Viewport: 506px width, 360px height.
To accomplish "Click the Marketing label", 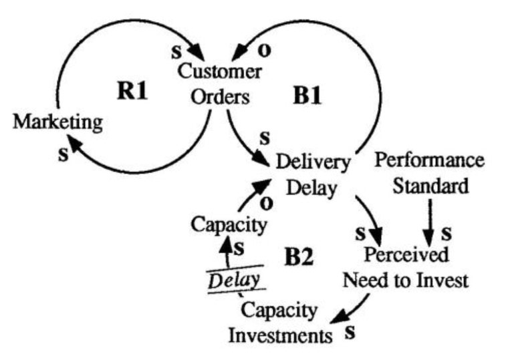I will click(58, 122).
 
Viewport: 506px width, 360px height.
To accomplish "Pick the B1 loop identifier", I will click(307, 95).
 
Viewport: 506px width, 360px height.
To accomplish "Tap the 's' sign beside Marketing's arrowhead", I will click(64, 154).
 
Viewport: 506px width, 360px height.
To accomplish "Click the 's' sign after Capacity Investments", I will click(349, 332).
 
